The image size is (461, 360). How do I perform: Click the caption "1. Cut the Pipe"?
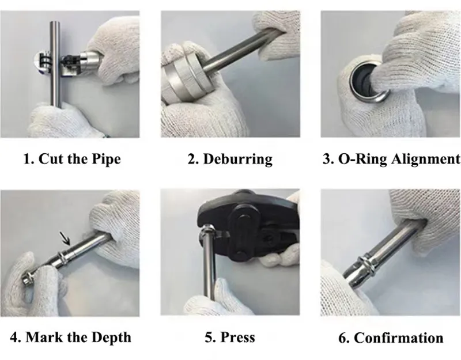(x=71, y=158)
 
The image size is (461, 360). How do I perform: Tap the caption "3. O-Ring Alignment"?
(x=391, y=158)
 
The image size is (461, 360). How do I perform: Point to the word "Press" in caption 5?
(x=237, y=337)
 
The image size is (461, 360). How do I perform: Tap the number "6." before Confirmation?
(x=344, y=338)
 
